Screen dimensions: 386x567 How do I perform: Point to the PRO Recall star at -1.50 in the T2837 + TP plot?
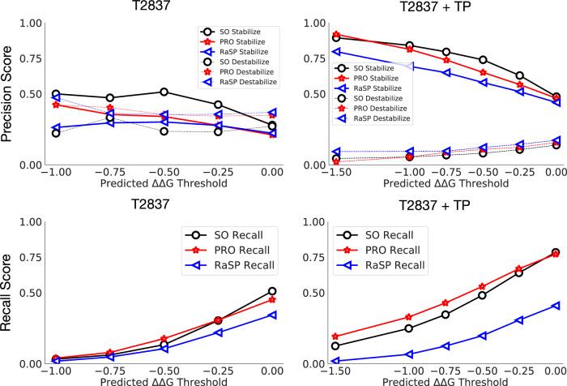tap(336, 337)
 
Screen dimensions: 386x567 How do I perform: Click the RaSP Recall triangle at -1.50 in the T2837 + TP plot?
tap(336, 361)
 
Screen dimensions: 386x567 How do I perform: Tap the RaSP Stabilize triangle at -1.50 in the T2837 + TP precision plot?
tap(336, 52)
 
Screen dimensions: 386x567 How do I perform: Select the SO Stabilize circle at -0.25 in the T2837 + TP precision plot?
tap(519, 75)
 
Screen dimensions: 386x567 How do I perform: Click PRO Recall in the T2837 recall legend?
tap(240, 250)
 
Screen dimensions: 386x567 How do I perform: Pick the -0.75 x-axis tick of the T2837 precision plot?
tap(109, 172)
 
